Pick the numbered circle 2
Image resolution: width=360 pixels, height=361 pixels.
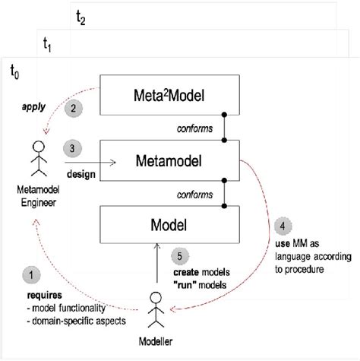point(73,108)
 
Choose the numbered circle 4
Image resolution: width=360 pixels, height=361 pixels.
point(282,225)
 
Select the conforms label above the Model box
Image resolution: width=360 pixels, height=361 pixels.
point(194,194)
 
